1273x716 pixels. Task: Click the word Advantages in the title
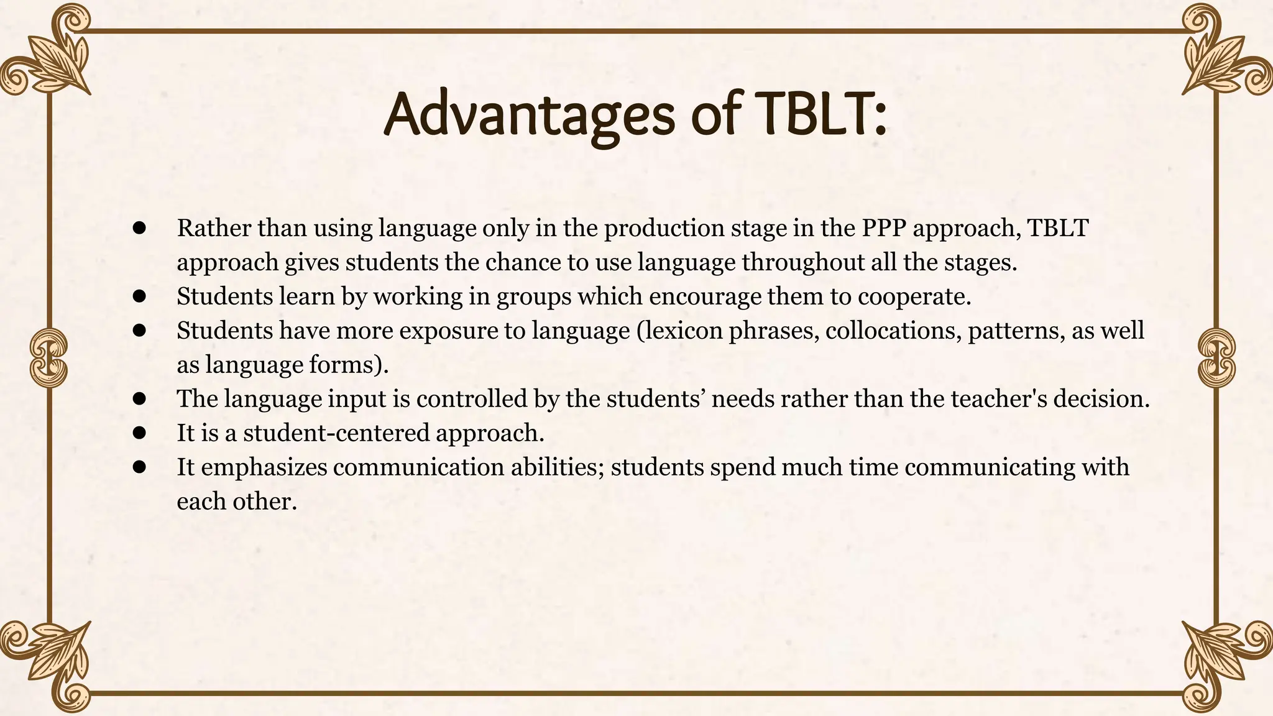(528, 116)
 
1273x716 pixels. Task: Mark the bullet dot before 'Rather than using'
(139, 228)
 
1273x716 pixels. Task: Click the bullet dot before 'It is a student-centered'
(139, 433)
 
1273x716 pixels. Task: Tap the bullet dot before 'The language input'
(139, 398)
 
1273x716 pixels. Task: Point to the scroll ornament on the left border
(48, 357)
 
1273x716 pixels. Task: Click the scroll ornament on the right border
(1216, 357)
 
